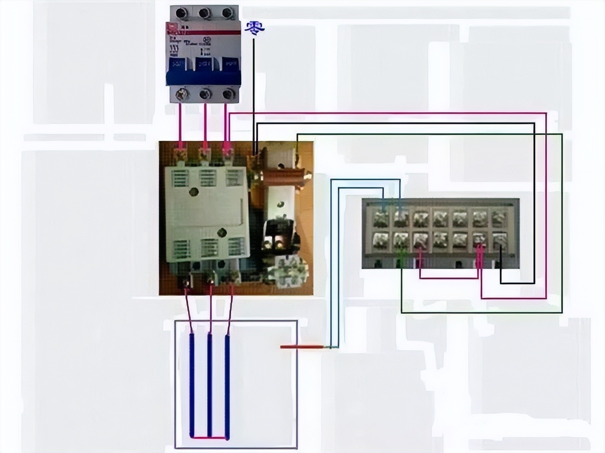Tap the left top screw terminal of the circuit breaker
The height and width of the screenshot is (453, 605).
[180, 13]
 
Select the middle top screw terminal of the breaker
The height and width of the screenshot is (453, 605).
[205, 13]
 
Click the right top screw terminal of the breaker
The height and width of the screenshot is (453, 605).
[229, 13]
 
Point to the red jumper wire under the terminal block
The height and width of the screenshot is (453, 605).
[449, 278]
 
